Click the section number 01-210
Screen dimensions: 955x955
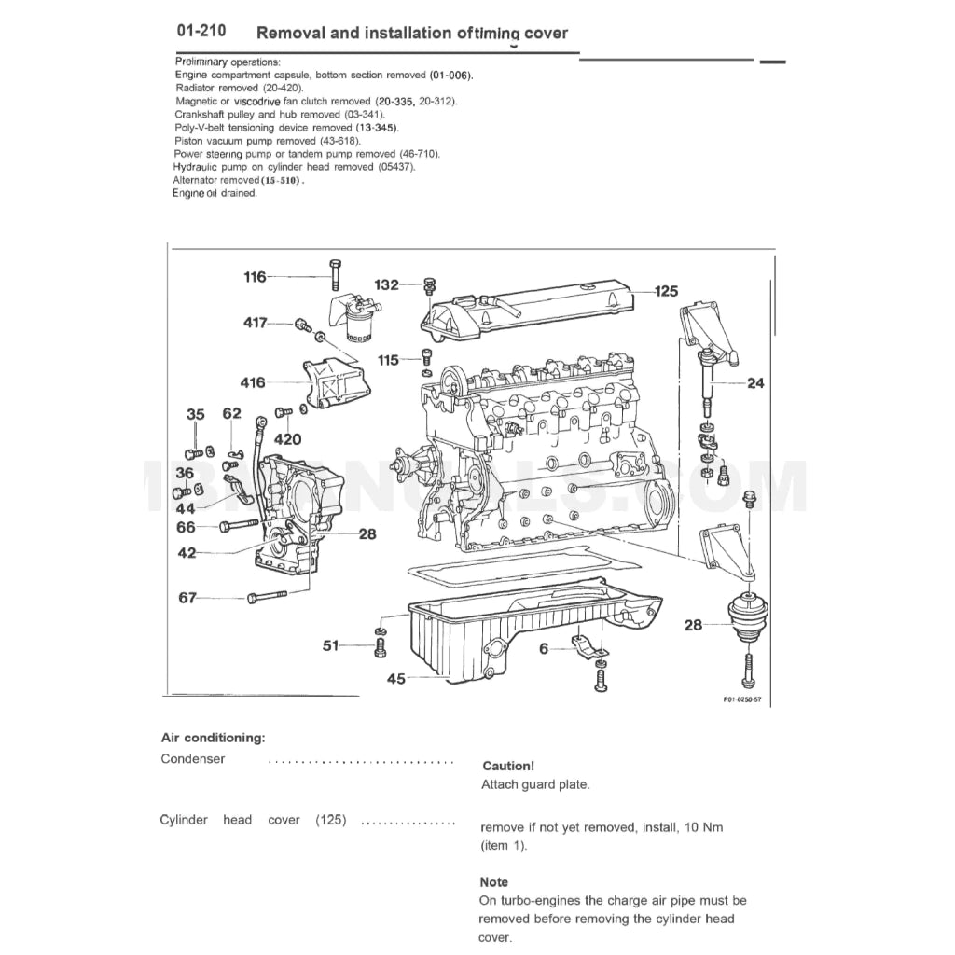(x=201, y=32)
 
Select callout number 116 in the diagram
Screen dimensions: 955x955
(x=255, y=277)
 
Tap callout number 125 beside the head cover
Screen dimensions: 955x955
(x=666, y=291)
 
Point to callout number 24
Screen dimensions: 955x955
(x=754, y=382)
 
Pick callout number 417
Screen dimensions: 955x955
(x=256, y=323)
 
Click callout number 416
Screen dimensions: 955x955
(x=252, y=382)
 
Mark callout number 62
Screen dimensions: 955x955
(x=231, y=413)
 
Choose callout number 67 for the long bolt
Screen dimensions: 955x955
(x=187, y=598)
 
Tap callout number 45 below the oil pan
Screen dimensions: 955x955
(x=396, y=679)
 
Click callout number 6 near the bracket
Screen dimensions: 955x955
(x=544, y=648)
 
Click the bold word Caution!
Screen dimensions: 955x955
(x=508, y=766)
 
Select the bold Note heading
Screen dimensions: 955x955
(x=494, y=881)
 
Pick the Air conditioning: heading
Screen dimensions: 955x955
(x=213, y=738)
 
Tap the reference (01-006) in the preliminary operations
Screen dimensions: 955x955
(x=451, y=74)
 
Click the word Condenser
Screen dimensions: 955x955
(x=193, y=759)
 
